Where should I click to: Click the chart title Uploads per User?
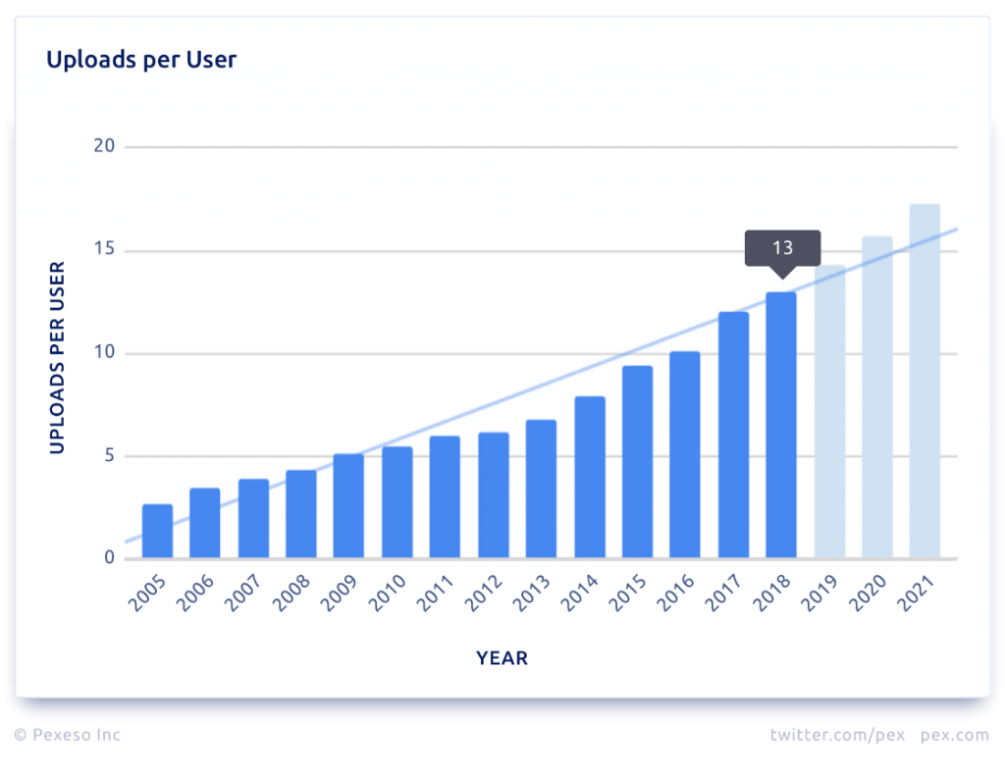(141, 60)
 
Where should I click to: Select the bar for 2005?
(157, 532)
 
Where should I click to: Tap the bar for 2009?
(348, 506)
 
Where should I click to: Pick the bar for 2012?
(493, 495)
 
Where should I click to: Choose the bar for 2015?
(637, 462)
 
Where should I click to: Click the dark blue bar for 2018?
(781, 426)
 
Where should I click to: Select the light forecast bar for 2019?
(829, 412)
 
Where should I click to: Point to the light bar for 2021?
(925, 382)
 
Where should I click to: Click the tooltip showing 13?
(782, 248)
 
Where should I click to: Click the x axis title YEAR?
(502, 658)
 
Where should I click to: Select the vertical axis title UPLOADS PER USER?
(57, 357)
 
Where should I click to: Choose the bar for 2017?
(733, 436)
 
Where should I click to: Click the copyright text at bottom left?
(68, 734)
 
